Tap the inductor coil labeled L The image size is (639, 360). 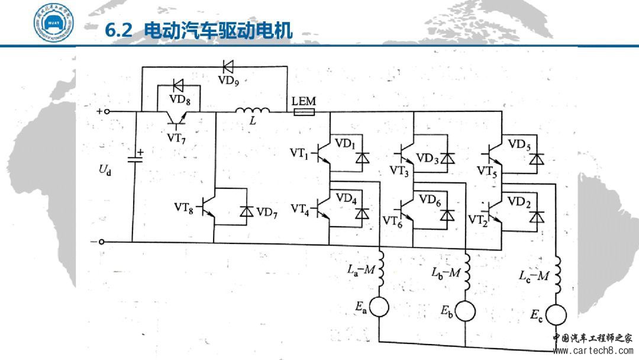[x=253, y=110]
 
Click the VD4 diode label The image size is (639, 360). [x=346, y=199]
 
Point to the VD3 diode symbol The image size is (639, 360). [x=447, y=159]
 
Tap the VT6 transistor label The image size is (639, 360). [x=392, y=220]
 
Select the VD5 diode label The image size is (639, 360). [x=518, y=144]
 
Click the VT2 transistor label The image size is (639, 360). [x=478, y=220]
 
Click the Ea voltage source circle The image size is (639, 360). [x=379, y=307]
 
